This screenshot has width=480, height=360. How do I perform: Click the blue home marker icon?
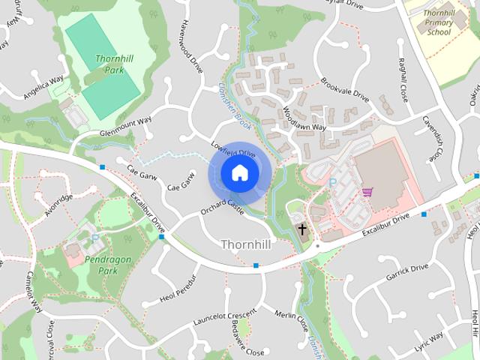point(238,173)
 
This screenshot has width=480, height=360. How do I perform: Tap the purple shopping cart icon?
point(367,192)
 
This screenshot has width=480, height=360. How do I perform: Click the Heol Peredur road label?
point(178,289)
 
